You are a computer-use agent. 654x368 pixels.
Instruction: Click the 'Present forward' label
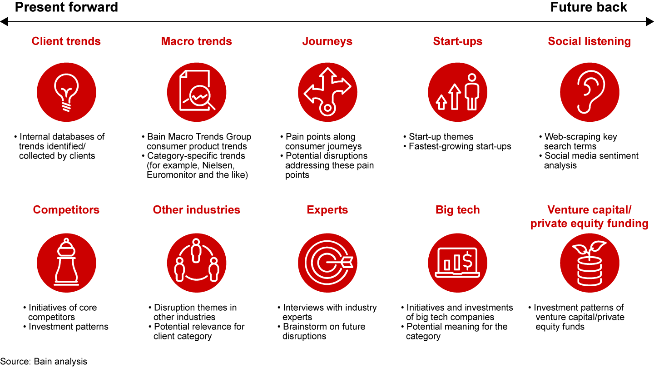tap(66, 7)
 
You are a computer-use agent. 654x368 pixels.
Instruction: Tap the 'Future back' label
tap(589, 7)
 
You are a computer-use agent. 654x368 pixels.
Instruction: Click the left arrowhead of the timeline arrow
tap(4, 22)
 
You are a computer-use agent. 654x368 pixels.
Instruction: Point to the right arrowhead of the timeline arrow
tap(649, 22)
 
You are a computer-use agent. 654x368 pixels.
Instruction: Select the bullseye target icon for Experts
tap(327, 263)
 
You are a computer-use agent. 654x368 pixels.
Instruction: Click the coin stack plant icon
tap(590, 263)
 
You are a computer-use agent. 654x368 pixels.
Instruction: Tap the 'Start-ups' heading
tap(457, 41)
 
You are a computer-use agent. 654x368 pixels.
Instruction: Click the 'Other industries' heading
tap(197, 210)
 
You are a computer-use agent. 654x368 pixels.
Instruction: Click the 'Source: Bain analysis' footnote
tap(44, 362)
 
